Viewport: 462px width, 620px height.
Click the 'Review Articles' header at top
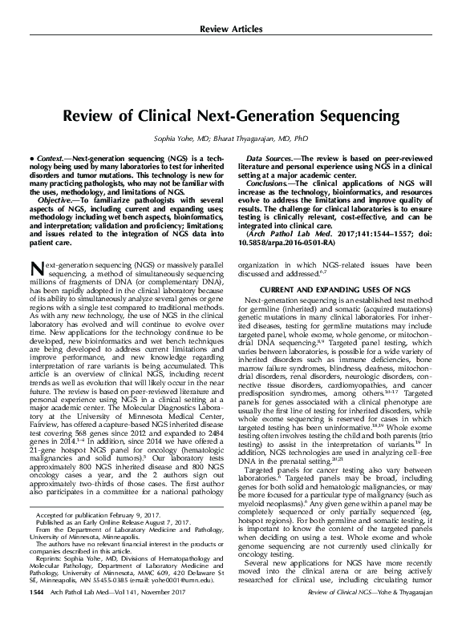(x=232, y=30)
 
